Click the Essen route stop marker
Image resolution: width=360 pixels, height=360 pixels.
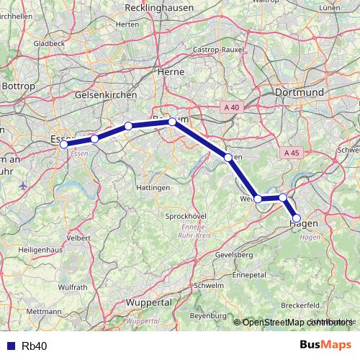coord(63,144)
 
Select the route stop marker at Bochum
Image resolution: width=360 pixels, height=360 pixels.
coord(172,122)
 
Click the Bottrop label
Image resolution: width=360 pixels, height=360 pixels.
coord(18,86)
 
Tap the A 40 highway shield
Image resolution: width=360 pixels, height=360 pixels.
coord(231,107)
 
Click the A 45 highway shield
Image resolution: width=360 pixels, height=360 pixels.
coord(291,153)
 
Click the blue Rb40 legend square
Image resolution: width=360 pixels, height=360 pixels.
coord(11,346)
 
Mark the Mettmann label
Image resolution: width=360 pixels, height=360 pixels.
coord(48,312)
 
